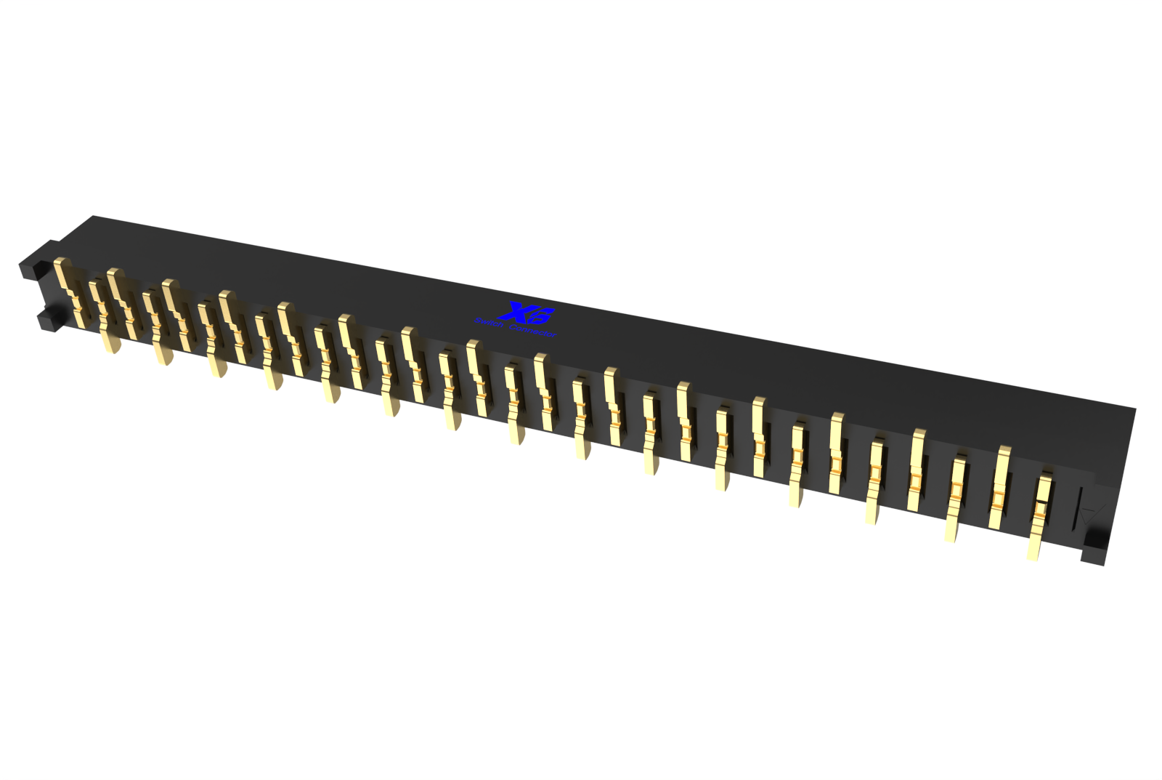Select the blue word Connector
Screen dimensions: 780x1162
(533, 330)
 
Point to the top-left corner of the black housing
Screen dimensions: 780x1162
(93, 217)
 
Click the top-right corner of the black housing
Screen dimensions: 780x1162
(1134, 409)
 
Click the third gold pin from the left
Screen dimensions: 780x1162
(122, 302)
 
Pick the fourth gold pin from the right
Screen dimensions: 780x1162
(917, 469)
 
